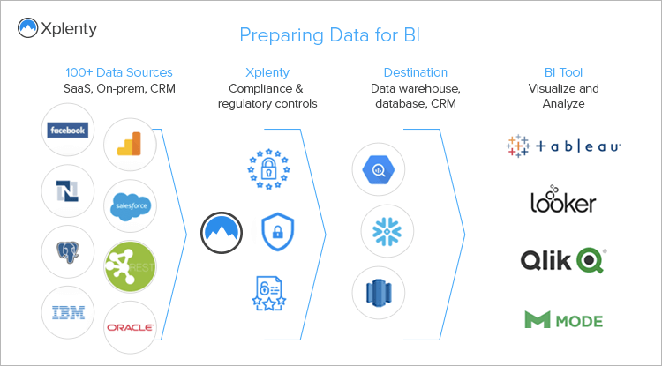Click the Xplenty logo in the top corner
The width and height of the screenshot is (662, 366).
(x=57, y=29)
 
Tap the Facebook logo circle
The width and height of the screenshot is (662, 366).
(x=68, y=131)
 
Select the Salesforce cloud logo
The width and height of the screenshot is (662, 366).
(x=132, y=206)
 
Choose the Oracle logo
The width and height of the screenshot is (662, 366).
(x=131, y=327)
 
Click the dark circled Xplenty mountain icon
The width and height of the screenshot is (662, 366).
(x=221, y=232)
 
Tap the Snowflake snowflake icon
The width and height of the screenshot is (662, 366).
(x=387, y=232)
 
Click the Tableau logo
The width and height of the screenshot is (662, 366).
(x=564, y=146)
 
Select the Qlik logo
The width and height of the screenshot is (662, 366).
(x=563, y=259)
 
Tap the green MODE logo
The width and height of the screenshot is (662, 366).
(x=563, y=318)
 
